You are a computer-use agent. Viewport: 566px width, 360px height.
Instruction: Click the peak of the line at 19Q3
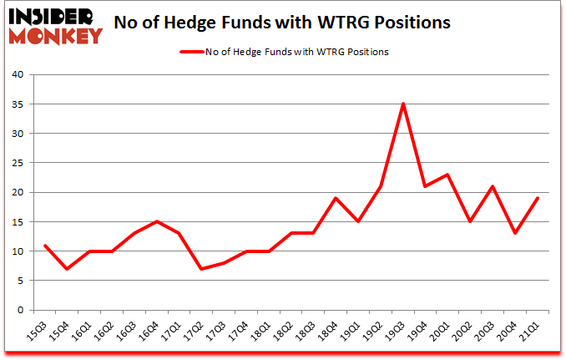[x=403, y=104]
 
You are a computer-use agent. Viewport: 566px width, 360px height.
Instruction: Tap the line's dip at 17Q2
[x=202, y=269]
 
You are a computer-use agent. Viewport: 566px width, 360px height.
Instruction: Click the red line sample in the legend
[x=193, y=52]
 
